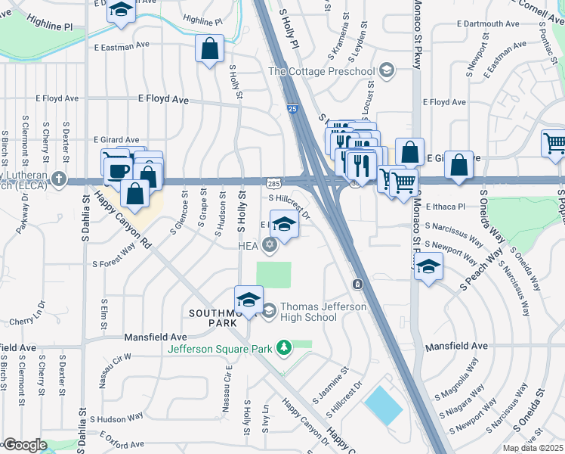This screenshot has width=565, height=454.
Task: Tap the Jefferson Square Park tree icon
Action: (x=285, y=348)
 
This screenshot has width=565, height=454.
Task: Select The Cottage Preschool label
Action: (x=322, y=72)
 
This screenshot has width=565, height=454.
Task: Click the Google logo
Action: (x=24, y=445)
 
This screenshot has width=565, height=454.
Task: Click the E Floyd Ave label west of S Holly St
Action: (x=162, y=99)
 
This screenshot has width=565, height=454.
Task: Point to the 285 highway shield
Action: (x=274, y=183)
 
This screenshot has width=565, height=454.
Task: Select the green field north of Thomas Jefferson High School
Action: (x=273, y=274)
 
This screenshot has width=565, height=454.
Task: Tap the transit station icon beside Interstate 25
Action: (x=357, y=284)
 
